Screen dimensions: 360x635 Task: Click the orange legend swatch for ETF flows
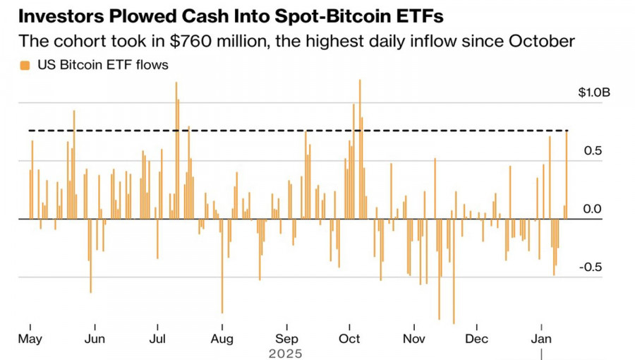coord(25,66)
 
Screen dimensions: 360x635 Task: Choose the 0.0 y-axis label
coord(593,209)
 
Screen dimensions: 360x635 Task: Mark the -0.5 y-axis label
coord(591,268)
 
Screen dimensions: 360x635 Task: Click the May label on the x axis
coord(30,338)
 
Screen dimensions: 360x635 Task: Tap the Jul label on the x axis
coord(158,338)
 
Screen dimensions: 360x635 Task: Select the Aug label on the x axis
coord(222,338)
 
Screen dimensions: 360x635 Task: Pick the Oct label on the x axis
coord(350,338)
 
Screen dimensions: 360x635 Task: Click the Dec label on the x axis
coord(477,338)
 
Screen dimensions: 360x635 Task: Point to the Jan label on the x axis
coord(541,338)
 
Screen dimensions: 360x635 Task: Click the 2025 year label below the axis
coord(285,353)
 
